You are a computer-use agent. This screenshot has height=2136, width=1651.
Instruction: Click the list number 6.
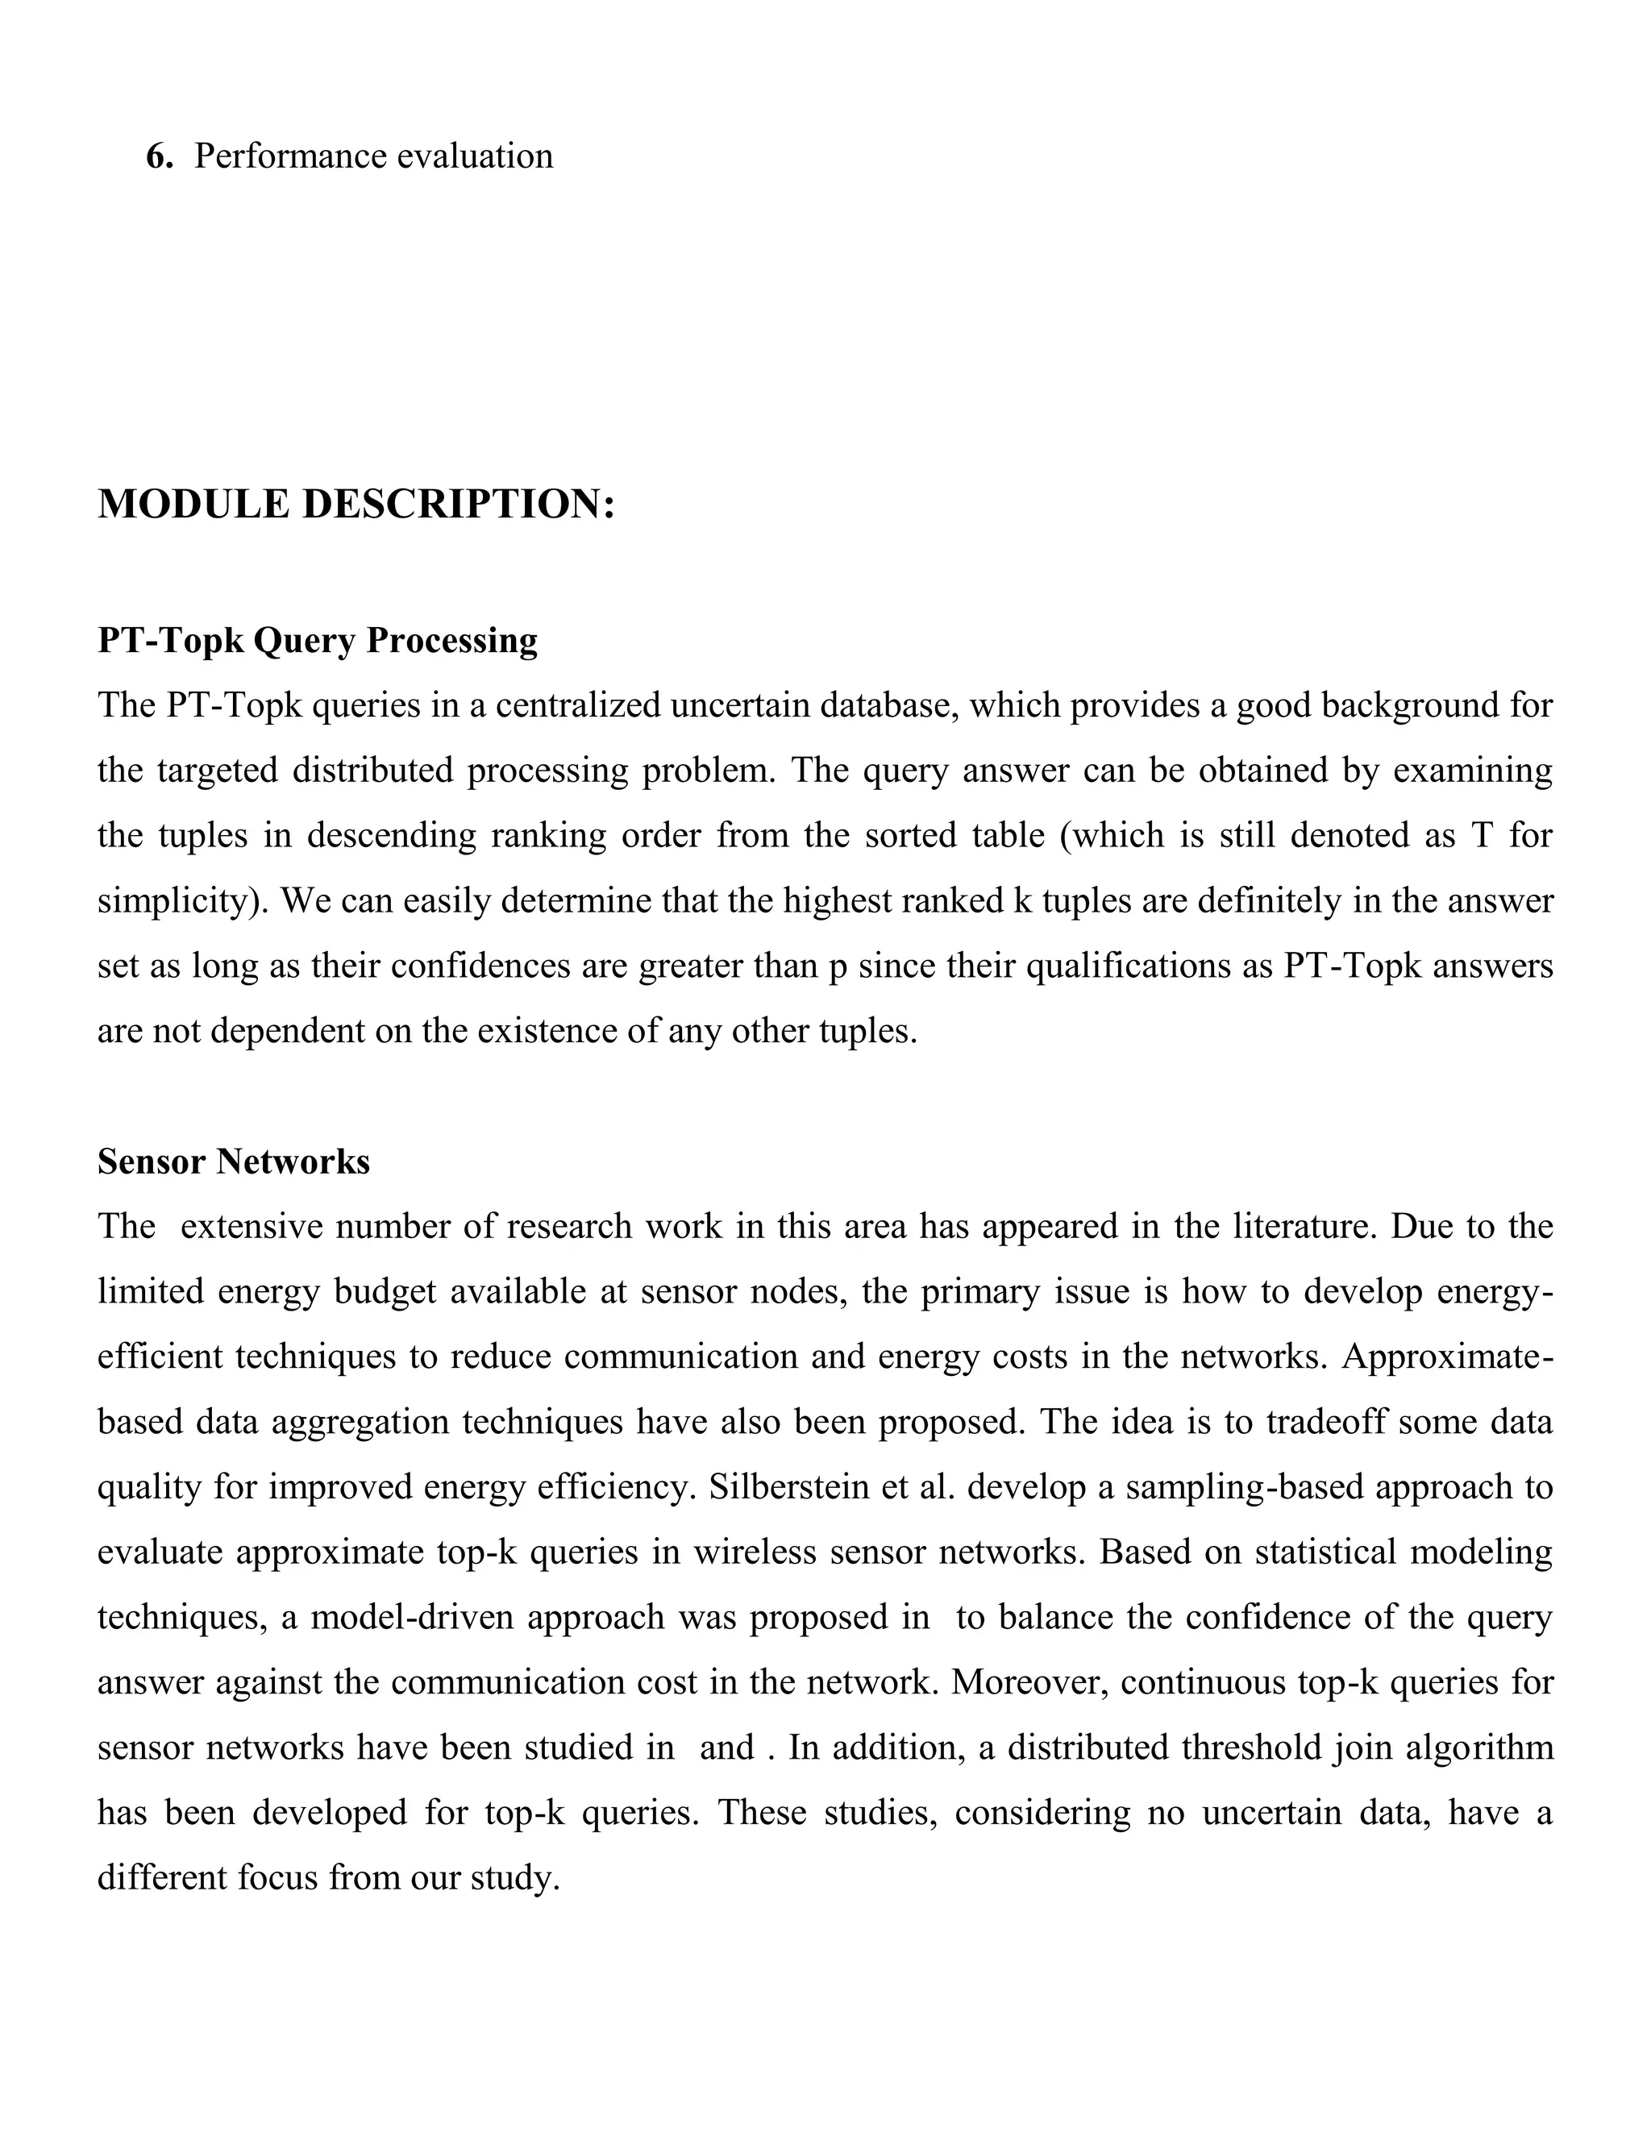[x=160, y=156]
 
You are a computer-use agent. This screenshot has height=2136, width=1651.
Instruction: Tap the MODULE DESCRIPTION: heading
[x=356, y=505]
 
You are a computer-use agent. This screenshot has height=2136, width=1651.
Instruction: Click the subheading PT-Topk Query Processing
[x=317, y=641]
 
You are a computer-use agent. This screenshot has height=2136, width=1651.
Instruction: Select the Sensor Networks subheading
[x=234, y=1162]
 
